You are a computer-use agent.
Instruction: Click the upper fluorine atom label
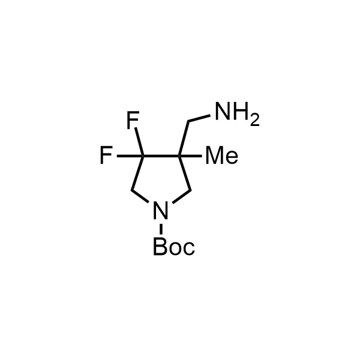click(x=133, y=119)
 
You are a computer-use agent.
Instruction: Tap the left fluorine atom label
click(x=106, y=155)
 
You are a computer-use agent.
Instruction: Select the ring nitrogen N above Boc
click(x=161, y=210)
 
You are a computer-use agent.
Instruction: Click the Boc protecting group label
click(x=174, y=247)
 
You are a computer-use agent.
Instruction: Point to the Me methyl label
click(x=222, y=155)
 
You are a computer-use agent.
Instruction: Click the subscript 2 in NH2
click(x=255, y=121)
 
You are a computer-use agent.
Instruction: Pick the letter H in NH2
click(x=241, y=112)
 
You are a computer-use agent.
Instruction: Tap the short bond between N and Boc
click(x=161, y=229)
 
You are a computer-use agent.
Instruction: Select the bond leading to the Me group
click(x=191, y=156)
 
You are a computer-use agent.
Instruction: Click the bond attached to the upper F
click(x=140, y=142)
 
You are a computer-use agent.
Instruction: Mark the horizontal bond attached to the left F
click(x=130, y=156)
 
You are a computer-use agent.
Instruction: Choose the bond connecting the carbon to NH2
click(x=199, y=118)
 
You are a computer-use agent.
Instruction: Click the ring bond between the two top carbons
click(x=161, y=156)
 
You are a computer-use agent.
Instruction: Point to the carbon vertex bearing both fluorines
click(x=143, y=156)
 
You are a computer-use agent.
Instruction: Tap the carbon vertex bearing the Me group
click(x=179, y=156)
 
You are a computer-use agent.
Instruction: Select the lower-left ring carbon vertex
click(x=132, y=190)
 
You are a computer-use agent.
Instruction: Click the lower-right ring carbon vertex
click(x=191, y=190)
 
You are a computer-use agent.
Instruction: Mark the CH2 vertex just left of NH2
click(x=188, y=121)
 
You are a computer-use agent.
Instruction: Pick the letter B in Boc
click(x=160, y=247)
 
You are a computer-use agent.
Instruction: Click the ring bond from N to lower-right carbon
click(x=182, y=197)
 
